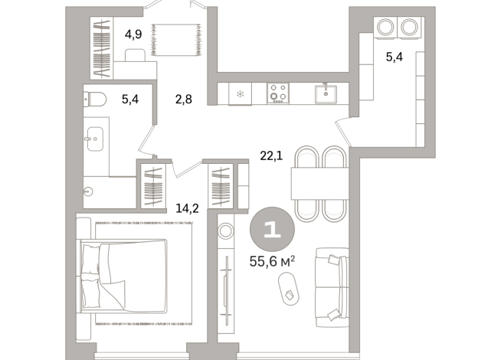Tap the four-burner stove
277,93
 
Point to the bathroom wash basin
93,141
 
